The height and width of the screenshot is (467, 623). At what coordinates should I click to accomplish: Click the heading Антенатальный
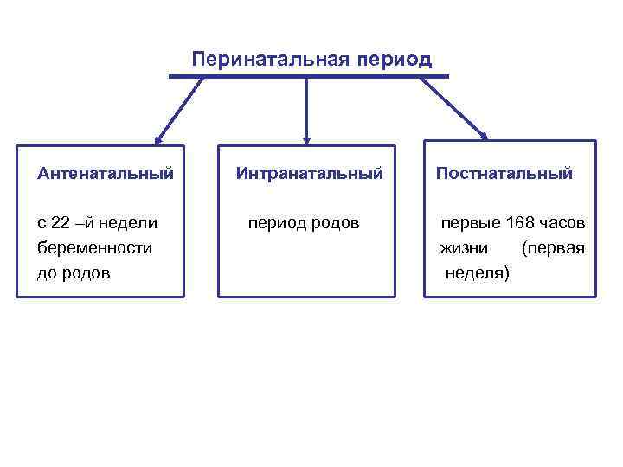(106, 174)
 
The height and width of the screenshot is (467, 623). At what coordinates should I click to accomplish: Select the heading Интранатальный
(310, 174)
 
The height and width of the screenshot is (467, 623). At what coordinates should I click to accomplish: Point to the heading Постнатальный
(504, 174)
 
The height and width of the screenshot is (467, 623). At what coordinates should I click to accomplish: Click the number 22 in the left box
(61, 223)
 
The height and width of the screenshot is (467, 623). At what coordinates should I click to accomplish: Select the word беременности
(95, 248)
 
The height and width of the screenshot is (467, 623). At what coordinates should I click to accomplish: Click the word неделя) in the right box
(478, 273)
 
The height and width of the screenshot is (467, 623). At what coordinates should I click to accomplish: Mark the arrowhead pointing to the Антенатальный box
(157, 138)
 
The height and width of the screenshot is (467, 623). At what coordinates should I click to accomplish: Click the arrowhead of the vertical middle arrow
(306, 139)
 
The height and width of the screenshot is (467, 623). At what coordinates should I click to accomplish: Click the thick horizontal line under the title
(309, 77)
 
